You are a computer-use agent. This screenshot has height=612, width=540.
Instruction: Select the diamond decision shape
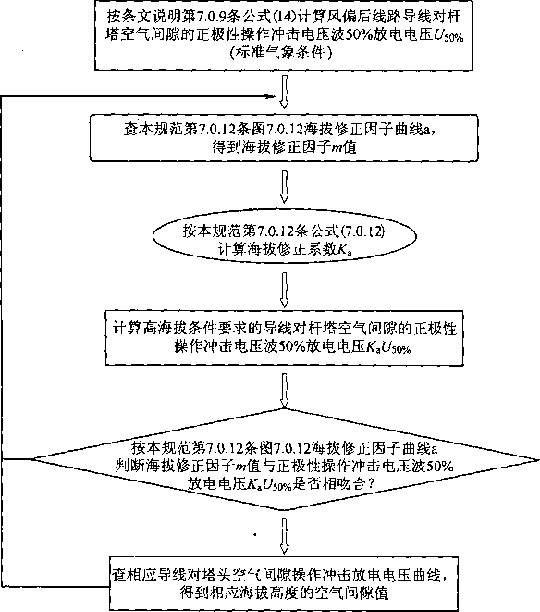(285, 459)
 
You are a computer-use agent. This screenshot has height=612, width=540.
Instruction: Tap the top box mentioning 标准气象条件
(284, 35)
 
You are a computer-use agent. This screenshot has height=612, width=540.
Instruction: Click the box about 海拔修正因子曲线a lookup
(284, 138)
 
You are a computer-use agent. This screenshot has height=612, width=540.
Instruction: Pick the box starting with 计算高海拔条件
(284, 338)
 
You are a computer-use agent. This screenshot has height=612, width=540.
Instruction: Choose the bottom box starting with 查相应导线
(284, 584)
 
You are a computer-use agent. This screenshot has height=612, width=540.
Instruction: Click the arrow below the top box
(284, 92)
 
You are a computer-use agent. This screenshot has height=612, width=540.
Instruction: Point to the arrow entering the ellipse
(284, 187)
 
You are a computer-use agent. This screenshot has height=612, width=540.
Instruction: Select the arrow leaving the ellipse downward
(284, 289)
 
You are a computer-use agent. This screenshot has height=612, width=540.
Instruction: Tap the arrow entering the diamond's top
(284, 391)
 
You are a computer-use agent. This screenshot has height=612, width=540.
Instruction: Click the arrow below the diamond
(284, 536)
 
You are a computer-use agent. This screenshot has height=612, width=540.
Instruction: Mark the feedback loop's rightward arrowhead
(271, 96)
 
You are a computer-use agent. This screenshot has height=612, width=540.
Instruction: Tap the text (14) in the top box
(286, 17)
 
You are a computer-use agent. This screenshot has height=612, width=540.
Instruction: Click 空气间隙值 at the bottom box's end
(350, 593)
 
